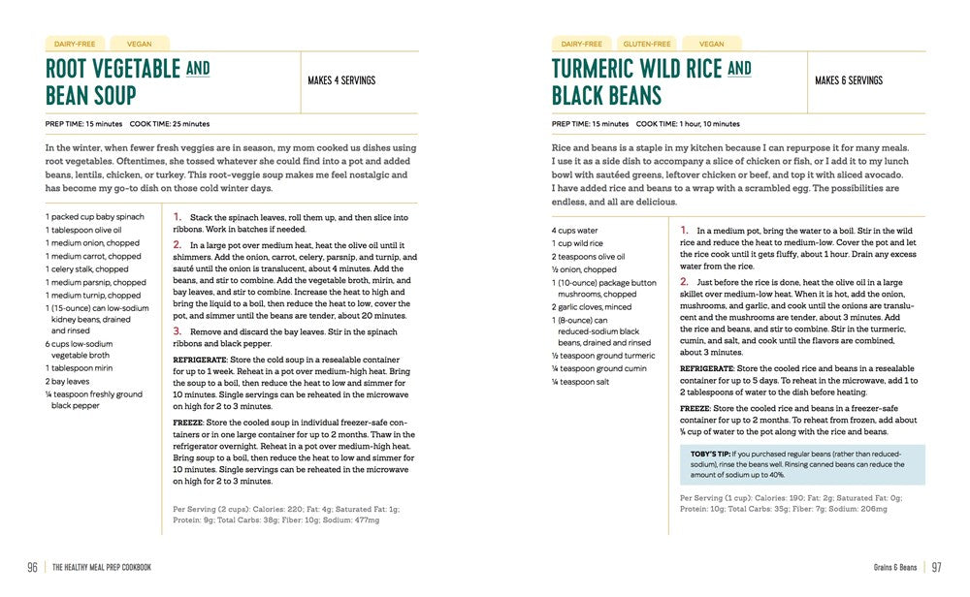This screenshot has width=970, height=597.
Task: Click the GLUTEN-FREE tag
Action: (x=647, y=44)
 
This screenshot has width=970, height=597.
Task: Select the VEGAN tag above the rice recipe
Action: (x=711, y=44)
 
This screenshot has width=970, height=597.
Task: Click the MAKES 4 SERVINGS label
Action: (x=341, y=80)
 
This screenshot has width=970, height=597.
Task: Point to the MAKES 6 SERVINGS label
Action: (x=848, y=80)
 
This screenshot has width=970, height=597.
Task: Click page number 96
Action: (x=32, y=567)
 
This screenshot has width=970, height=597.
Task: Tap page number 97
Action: (x=937, y=567)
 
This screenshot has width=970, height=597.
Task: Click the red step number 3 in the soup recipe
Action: (x=178, y=330)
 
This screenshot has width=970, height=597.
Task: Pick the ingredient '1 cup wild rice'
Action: (x=577, y=243)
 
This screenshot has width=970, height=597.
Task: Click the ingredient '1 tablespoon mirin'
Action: (x=82, y=369)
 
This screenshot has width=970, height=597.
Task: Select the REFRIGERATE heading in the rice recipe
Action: (x=707, y=368)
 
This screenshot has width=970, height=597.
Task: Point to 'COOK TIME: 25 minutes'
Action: (x=170, y=124)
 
